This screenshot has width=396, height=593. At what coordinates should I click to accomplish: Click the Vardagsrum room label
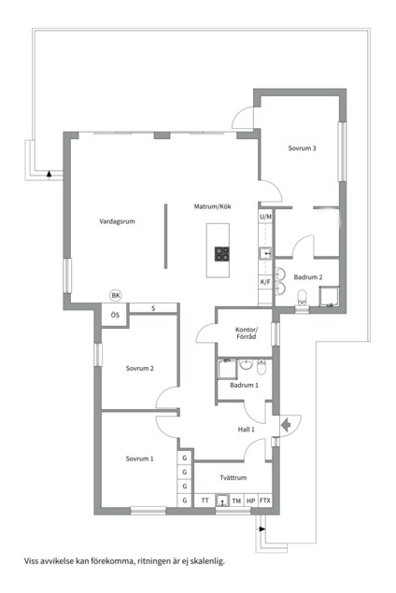pos(117,221)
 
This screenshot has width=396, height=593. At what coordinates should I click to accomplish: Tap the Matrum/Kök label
pos(212,206)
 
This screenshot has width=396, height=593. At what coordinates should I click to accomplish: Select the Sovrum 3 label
pos(302,148)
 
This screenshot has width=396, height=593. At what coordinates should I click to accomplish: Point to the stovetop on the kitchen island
pos(222,254)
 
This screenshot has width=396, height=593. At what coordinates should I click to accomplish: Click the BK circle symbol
pos(116,295)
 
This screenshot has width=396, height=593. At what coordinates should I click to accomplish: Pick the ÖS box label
pos(115,315)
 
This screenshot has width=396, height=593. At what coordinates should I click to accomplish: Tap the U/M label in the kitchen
pos(265,217)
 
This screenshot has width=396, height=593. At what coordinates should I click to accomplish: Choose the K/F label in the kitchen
pos(265,282)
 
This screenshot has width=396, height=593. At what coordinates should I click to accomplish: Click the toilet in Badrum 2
pos(302,297)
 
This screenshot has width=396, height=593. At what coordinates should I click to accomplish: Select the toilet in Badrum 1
pos(262,366)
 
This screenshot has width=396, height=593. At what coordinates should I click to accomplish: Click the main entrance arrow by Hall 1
pos(286,425)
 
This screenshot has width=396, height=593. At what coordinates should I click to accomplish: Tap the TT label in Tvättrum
pos(205,501)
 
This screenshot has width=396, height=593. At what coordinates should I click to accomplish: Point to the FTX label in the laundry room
pos(265,501)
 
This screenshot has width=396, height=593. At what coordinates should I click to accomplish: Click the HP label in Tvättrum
pos(250,501)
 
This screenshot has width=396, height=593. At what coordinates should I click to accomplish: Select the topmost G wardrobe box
pos(185,458)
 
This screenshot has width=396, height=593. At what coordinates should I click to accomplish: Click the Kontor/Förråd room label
pos(247,333)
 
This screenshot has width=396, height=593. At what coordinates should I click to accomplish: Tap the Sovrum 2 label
pos(139,368)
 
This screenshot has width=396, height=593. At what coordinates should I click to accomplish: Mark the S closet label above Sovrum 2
pos(153,308)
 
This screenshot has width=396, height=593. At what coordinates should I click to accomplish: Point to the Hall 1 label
pos(247,430)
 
